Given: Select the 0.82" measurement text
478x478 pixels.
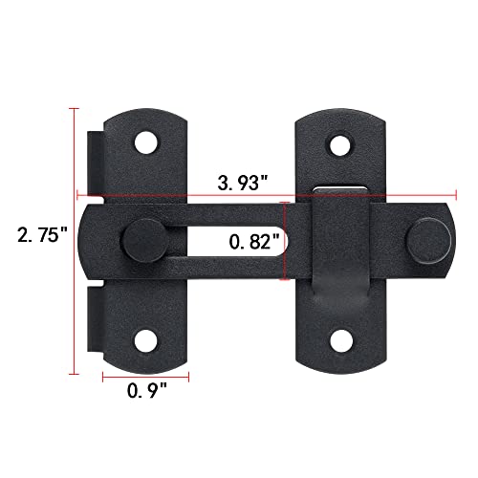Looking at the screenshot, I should point(253,243).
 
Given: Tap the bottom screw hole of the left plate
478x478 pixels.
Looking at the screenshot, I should point(145,338).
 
